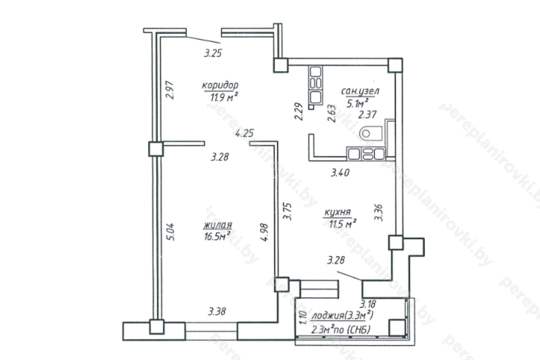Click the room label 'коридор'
tap(220, 86)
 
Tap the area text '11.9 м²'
tap(224, 97)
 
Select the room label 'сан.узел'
tap(360, 91)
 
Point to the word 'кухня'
tap(337, 212)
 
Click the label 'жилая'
tap(218, 225)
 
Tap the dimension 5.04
tap(170, 232)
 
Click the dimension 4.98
tap(264, 233)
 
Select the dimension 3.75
tap(288, 211)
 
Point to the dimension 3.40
tap(340, 173)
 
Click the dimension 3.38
tap(217, 311)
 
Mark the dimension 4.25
tap(245, 133)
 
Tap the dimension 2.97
tap(170, 90)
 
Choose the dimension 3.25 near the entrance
tap(213, 53)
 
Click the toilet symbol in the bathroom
tap(371, 133)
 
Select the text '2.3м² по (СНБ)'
tap(341, 330)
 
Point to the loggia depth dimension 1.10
tap(303, 317)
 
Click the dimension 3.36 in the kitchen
tap(379, 212)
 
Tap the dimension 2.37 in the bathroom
tap(367, 114)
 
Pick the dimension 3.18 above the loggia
tap(367, 304)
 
